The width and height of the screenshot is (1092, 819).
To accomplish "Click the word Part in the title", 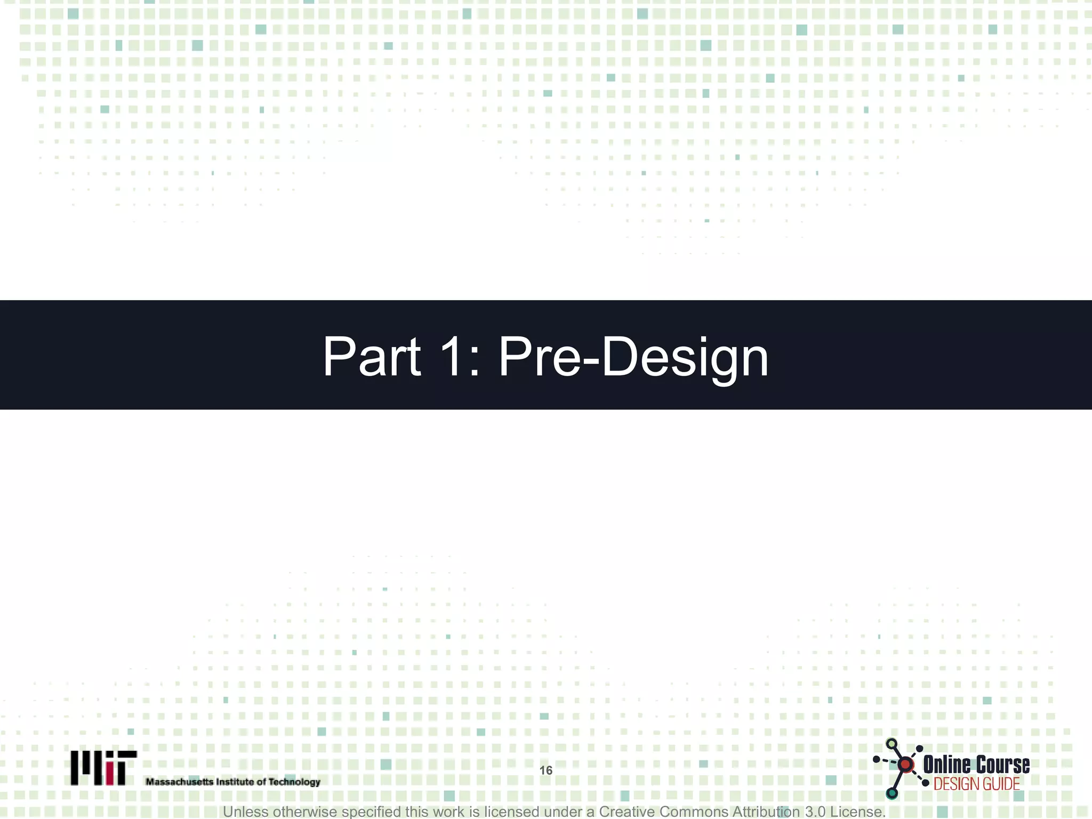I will [372, 357].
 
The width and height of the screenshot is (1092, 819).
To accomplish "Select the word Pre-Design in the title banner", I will [633, 357].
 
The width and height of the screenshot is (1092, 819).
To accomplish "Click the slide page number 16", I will [545, 770].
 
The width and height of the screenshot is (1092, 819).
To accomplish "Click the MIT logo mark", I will [103, 768].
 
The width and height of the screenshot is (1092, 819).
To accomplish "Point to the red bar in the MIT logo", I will [110, 774].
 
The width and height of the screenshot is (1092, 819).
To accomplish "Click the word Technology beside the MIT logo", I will [294, 782].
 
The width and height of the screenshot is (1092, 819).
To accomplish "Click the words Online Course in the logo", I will [976, 765].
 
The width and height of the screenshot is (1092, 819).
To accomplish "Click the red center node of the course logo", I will [905, 765].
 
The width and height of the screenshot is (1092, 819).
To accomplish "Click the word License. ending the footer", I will [857, 812].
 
